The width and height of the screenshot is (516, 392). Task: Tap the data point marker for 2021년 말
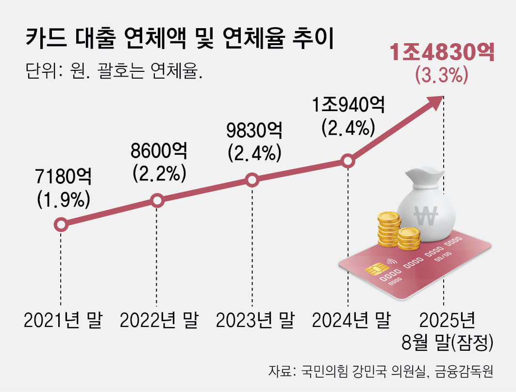(61, 225)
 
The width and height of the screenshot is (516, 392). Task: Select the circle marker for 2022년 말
(157, 200)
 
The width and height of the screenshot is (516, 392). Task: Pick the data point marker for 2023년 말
(252, 180)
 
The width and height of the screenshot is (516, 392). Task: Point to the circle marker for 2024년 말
(348, 161)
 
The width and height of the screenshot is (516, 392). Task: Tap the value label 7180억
(64, 178)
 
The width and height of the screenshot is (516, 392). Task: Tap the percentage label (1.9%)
(64, 199)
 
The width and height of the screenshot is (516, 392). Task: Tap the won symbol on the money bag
(425, 213)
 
